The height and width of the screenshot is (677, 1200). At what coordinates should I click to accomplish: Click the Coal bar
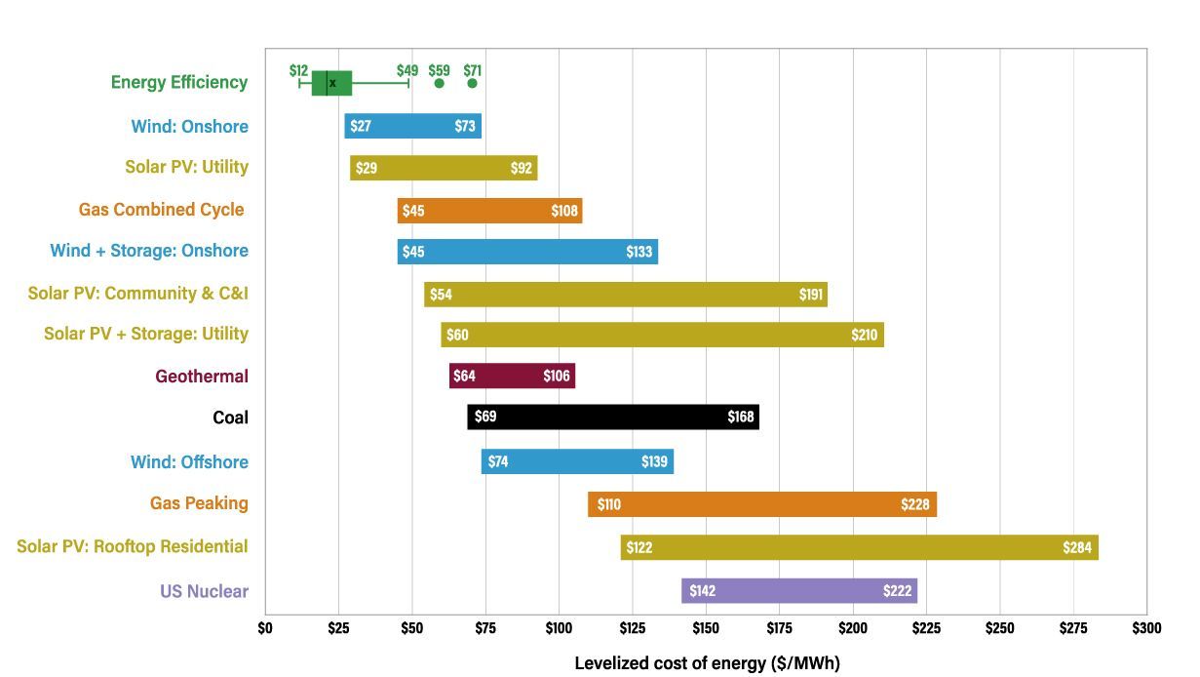[612, 418]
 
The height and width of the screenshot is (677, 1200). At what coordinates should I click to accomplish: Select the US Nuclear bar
[799, 591]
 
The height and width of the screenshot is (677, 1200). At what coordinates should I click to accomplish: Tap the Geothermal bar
[512, 377]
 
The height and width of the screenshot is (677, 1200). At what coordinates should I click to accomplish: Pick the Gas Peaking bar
[761, 504]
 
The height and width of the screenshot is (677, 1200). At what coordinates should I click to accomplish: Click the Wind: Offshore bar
[577, 461]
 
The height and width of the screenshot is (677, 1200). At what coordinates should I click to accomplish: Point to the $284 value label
[1077, 548]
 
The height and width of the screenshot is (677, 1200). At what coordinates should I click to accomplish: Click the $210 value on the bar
[864, 336]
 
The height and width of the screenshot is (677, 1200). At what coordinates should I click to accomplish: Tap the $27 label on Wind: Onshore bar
[361, 127]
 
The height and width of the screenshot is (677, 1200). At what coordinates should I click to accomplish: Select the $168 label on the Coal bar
[741, 418]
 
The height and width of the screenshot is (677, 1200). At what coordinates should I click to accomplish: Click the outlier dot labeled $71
[472, 83]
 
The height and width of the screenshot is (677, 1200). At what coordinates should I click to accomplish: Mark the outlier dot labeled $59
[439, 83]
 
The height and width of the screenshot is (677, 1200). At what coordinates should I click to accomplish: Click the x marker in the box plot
[332, 84]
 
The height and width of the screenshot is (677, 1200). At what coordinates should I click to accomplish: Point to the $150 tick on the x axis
[706, 628]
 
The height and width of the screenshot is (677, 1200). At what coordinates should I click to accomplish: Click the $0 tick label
[265, 628]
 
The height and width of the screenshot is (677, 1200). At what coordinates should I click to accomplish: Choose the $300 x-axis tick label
[1146, 628]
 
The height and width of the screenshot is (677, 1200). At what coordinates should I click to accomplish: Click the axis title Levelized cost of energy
[707, 663]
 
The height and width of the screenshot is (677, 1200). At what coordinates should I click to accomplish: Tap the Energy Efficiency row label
[179, 83]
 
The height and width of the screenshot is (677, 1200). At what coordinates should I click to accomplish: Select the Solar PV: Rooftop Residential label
[133, 546]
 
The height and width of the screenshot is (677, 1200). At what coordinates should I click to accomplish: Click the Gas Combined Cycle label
[161, 210]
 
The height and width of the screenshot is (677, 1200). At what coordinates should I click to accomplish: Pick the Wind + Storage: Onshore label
[149, 251]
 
